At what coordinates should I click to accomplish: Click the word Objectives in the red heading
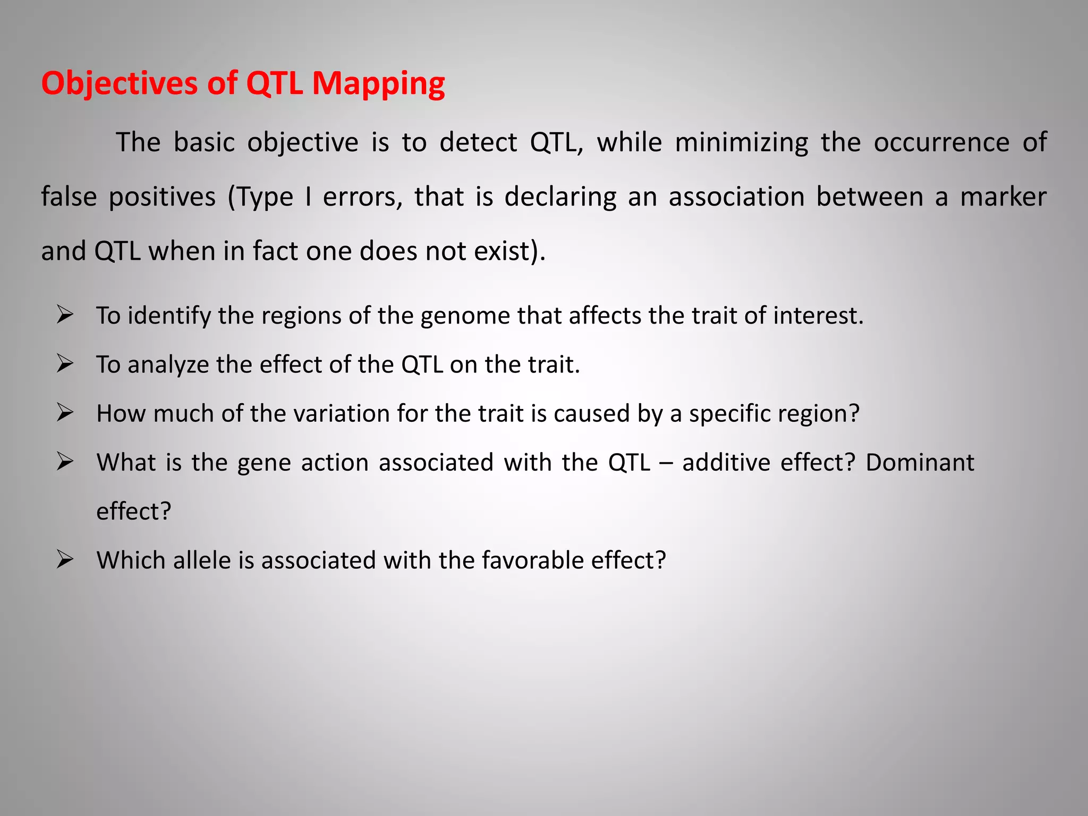(120, 84)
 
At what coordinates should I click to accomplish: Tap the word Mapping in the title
(378, 84)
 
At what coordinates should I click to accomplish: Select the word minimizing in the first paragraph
(741, 143)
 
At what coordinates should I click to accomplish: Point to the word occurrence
(941, 143)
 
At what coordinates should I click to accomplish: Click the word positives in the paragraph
(162, 197)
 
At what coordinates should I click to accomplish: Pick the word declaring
(560, 197)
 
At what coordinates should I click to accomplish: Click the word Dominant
(920, 463)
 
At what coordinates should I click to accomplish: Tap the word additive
(726, 463)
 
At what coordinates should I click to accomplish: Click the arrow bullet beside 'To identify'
(65, 316)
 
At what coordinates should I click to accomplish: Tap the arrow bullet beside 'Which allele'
(65, 560)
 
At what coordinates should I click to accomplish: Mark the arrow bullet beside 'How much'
(65, 413)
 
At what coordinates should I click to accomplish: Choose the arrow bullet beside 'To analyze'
(65, 364)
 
